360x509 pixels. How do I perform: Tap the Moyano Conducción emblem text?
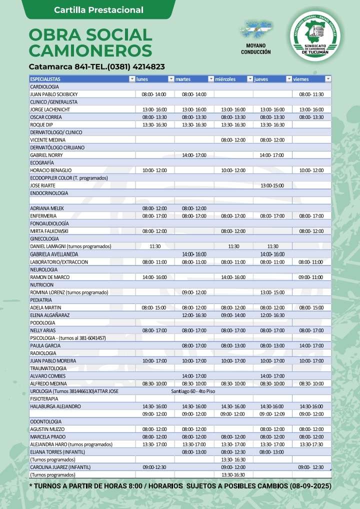255,48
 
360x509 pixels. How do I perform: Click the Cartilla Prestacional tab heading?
98,10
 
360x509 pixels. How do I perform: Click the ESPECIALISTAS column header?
45,79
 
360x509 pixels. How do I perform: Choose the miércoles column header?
225,79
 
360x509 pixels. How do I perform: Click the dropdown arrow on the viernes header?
328,79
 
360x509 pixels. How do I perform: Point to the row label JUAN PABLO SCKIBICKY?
54,94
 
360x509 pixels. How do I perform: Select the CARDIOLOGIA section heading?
44,86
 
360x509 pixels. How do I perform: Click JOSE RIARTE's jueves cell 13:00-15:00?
272,185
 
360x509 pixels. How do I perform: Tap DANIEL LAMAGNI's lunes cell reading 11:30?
155,246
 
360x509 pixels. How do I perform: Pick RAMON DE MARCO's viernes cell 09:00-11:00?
311,277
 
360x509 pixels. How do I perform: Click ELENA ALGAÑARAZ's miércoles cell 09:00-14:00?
233,315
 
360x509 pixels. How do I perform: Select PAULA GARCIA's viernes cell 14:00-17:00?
311,345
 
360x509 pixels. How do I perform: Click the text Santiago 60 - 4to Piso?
193,391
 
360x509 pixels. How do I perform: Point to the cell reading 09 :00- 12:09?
272,414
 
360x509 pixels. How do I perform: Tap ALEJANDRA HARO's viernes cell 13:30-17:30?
311,444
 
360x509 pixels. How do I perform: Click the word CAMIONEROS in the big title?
90,50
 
